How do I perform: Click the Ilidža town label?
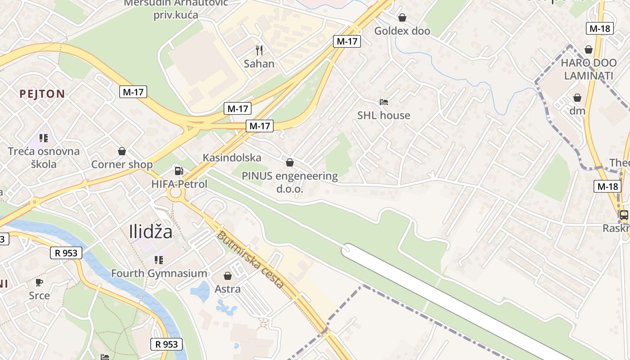(x=151, y=232)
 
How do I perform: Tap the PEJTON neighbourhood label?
(x=42, y=94)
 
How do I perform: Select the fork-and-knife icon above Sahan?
(x=259, y=50)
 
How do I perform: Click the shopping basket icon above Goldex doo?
(x=402, y=18)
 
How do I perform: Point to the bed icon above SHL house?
(x=383, y=102)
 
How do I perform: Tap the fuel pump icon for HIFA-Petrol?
(x=179, y=171)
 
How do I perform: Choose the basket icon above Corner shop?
(x=121, y=151)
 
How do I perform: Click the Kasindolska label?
(x=232, y=157)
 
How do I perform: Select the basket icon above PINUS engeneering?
(x=290, y=162)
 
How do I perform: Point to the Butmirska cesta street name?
(x=251, y=259)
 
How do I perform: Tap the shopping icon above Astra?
(x=228, y=275)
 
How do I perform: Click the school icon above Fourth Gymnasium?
(x=158, y=260)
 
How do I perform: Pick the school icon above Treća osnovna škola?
(x=43, y=138)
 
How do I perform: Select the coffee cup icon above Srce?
(x=39, y=282)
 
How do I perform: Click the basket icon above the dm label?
(x=577, y=98)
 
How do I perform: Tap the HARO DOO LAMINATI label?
(x=589, y=69)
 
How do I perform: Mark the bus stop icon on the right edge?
(x=624, y=215)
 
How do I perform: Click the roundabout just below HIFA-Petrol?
(x=175, y=193)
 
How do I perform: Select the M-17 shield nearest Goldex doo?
(x=347, y=41)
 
